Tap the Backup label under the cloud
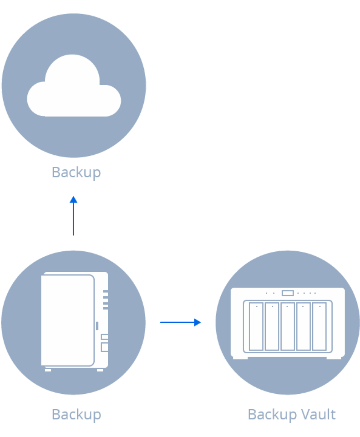click(76, 172)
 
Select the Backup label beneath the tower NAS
click(76, 414)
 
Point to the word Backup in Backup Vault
click(272, 415)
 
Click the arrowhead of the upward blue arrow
click(73, 200)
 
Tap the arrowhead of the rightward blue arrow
click(198, 322)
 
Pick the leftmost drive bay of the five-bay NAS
click(256, 326)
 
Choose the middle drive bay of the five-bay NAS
click(288, 326)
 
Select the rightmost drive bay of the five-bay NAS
click(319, 326)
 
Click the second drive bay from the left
click(272, 326)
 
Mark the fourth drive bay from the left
click(303, 326)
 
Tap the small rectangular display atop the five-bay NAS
click(288, 293)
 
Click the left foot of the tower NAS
click(48, 370)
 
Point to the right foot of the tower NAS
click(100, 370)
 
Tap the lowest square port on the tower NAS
click(104, 347)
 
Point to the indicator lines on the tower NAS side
click(105, 300)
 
